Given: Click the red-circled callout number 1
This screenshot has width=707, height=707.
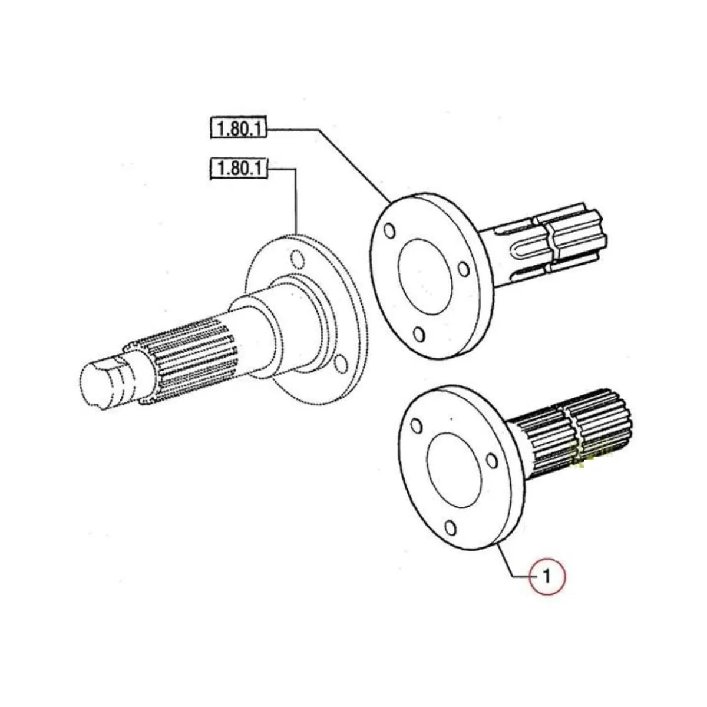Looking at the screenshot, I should [547, 574].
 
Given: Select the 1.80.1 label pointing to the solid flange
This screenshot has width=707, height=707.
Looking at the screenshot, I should [239, 128].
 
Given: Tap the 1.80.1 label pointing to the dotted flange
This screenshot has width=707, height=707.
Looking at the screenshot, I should [239, 170].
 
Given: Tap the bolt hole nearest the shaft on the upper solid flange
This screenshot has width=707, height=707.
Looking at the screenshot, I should [464, 269].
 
